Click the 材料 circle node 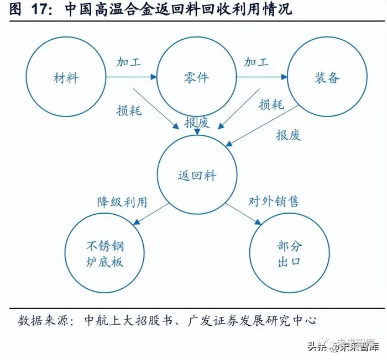tap(66, 77)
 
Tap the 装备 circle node tap(326, 77)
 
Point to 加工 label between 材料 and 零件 tap(129, 61)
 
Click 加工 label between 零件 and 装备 tap(257, 61)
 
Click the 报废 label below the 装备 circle tap(289, 135)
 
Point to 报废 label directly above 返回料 tap(197, 123)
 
